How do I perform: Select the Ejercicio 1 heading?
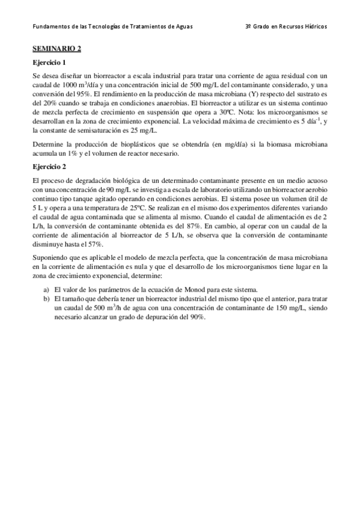(x=49, y=63)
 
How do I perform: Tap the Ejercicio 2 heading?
(x=49, y=167)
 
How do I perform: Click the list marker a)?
(x=46, y=288)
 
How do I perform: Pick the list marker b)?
(x=46, y=297)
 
